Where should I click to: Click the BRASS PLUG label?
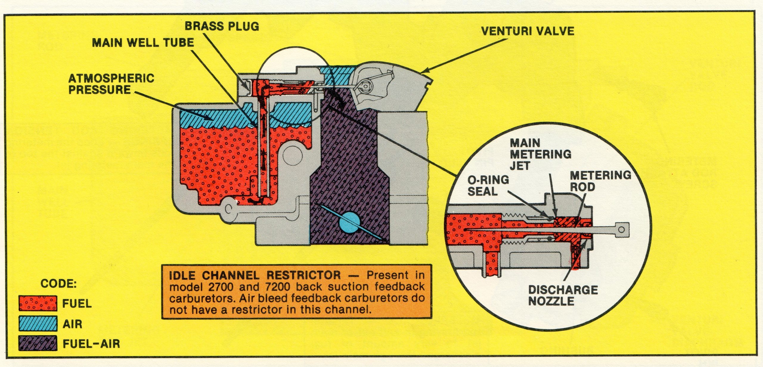[222, 26]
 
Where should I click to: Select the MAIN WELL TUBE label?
[143, 43]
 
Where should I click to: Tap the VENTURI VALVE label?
[528, 31]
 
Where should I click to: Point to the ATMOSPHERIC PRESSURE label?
[111, 84]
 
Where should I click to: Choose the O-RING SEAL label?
[488, 186]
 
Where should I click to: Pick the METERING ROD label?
[600, 181]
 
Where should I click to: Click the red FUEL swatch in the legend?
[38, 304]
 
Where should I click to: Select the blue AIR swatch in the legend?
[38, 324]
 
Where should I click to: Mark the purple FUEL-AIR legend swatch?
[38, 344]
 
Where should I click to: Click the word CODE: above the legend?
[59, 284]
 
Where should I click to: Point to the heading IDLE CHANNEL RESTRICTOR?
[255, 275]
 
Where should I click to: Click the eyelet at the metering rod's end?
[621, 230]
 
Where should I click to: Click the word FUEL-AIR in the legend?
[91, 344]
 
